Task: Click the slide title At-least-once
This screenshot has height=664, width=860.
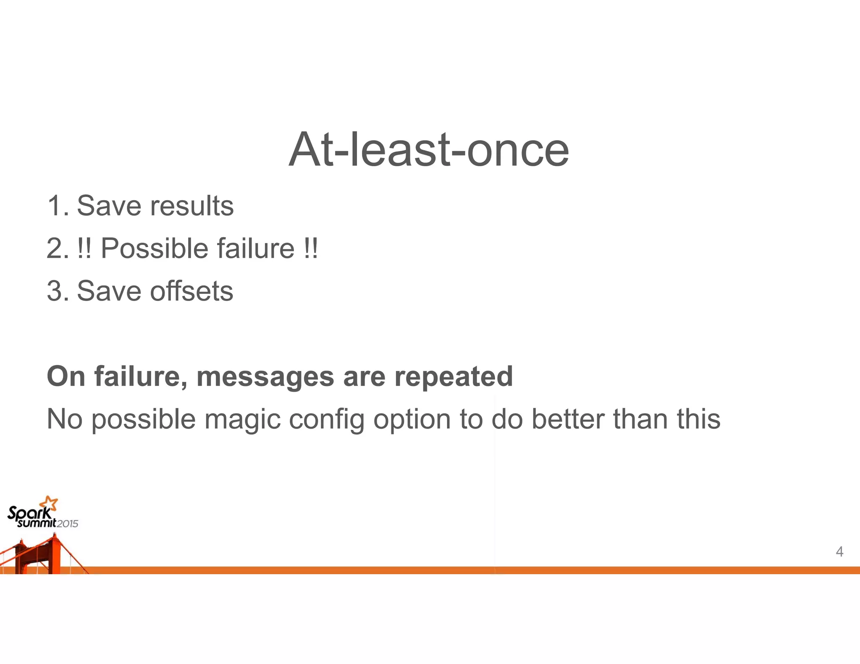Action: [429, 149]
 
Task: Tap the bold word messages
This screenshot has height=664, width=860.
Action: [265, 376]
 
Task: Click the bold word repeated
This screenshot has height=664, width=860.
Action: [454, 376]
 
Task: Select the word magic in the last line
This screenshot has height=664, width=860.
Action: [242, 419]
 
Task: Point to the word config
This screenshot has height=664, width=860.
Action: [326, 419]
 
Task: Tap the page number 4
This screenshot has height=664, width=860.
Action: [839, 551]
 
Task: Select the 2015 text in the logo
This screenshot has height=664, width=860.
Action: [68, 523]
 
